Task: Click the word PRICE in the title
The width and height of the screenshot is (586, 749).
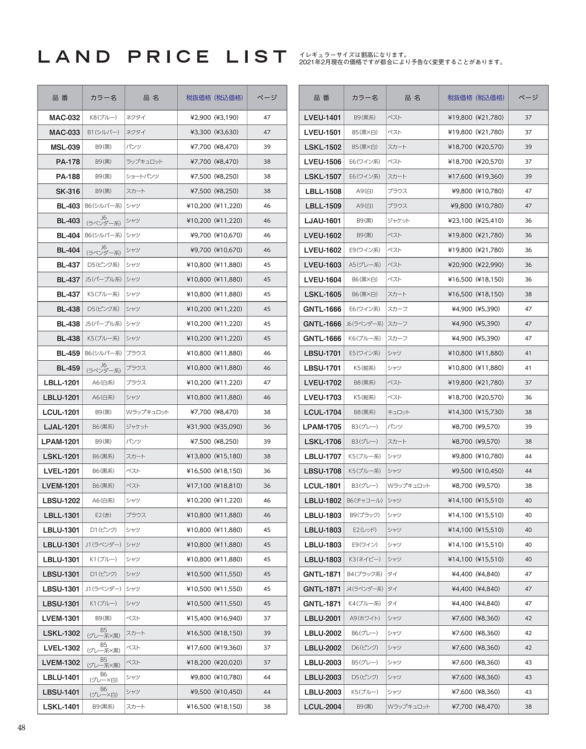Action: [169, 57]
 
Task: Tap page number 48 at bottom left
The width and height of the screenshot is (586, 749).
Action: [21, 727]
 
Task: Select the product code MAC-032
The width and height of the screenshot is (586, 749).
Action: [64, 118]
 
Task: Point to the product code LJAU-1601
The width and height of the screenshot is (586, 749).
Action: [322, 221]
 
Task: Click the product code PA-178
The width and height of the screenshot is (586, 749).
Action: [68, 162]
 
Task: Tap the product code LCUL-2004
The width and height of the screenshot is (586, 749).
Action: [322, 707]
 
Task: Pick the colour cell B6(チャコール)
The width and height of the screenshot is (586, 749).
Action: [364, 501]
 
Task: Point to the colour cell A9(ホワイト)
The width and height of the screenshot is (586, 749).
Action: [364, 618]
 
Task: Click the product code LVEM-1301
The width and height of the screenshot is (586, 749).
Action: [60, 618]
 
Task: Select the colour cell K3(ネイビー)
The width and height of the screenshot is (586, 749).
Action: [364, 559]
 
